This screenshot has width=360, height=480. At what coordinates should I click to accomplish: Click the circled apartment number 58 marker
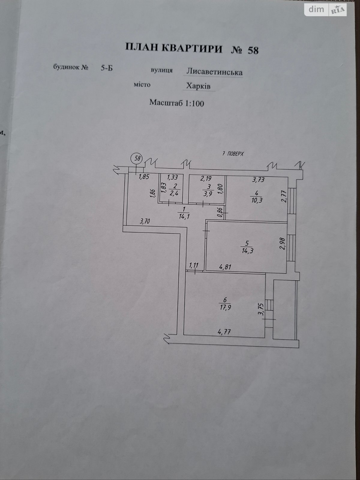pyautogui.click(x=137, y=158)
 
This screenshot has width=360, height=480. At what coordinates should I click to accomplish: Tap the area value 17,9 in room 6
pyautogui.click(x=225, y=307)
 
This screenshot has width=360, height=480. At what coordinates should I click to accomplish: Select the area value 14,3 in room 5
pyautogui.click(x=247, y=251)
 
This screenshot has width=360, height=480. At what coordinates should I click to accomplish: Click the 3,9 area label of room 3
pyautogui.click(x=208, y=194)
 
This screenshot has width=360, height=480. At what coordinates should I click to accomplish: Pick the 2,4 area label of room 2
pyautogui.click(x=174, y=193)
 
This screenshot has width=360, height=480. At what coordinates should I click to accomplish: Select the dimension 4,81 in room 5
pyautogui.click(x=225, y=267)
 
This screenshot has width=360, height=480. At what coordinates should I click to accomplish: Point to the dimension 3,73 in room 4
pyautogui.click(x=258, y=180)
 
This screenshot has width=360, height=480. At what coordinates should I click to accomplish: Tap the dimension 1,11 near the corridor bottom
pyautogui.click(x=194, y=265)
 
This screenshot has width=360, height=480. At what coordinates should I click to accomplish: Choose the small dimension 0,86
pyautogui.click(x=220, y=212)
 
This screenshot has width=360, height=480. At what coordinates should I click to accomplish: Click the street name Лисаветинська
pyautogui.click(x=214, y=72)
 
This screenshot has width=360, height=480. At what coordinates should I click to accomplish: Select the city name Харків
pyautogui.click(x=198, y=86)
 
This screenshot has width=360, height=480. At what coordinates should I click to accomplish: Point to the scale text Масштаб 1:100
pyautogui.click(x=177, y=103)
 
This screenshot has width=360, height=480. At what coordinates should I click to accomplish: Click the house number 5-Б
pyautogui.click(x=106, y=68)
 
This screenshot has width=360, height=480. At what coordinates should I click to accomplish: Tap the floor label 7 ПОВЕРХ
pyautogui.click(x=233, y=154)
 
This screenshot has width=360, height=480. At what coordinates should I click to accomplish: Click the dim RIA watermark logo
pyautogui.click(x=325, y=10)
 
